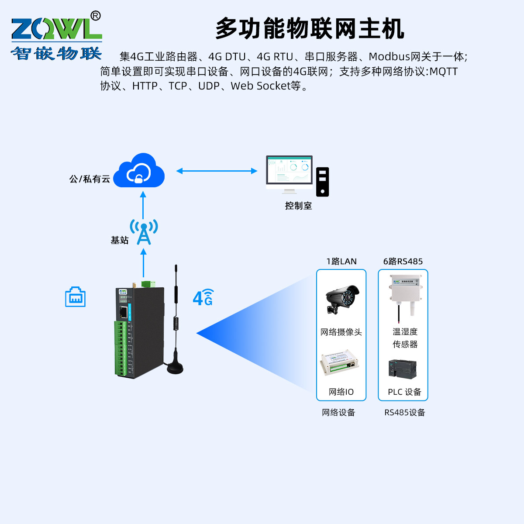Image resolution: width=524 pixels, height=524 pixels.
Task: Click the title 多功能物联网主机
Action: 310,29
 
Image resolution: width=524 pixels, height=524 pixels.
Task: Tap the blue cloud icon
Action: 139,171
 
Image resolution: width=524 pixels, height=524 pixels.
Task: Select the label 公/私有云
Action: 90,179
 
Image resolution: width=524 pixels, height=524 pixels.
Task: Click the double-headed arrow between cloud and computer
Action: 217,171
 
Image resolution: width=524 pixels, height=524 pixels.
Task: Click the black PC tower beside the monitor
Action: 322,182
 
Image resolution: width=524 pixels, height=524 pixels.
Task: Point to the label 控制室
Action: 298,206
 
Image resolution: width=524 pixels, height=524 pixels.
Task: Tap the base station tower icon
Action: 144,232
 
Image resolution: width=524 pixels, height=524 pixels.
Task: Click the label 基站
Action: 119,240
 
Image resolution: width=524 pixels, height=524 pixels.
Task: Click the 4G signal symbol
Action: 203,298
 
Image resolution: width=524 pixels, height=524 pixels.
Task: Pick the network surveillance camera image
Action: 342,299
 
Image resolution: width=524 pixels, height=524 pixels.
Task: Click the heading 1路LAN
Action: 341,261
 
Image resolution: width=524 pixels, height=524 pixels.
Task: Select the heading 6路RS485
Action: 403,261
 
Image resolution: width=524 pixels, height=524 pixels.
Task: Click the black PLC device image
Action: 402,369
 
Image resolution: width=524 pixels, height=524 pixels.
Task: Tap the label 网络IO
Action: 341,392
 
